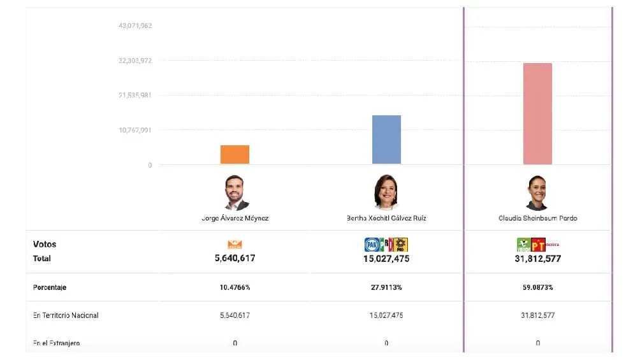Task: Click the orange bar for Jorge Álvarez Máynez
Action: [x=235, y=155]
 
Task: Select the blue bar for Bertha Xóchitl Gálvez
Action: [x=386, y=140]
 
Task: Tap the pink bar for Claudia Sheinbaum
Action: [x=537, y=113]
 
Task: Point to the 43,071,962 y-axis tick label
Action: [x=135, y=26]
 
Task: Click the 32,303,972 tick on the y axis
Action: [x=135, y=61]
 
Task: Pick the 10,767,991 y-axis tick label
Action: [x=135, y=130]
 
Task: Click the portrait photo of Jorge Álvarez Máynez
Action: [x=235, y=193]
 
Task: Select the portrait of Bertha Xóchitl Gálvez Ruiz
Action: [x=386, y=192]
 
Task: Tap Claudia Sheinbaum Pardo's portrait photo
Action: [x=537, y=193]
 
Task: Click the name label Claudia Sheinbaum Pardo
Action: [x=537, y=219]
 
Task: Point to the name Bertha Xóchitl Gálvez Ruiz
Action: [x=386, y=219]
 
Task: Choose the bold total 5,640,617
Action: [x=235, y=259]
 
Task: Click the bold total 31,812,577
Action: [x=537, y=259]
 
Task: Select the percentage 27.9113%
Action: [x=386, y=287]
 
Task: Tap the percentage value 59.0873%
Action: [x=537, y=287]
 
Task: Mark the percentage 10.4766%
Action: [x=235, y=287]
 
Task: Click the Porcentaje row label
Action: [x=50, y=287]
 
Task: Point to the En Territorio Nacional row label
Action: [x=66, y=315]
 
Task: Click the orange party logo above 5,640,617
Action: [x=235, y=245]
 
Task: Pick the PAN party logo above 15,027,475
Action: [x=371, y=245]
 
